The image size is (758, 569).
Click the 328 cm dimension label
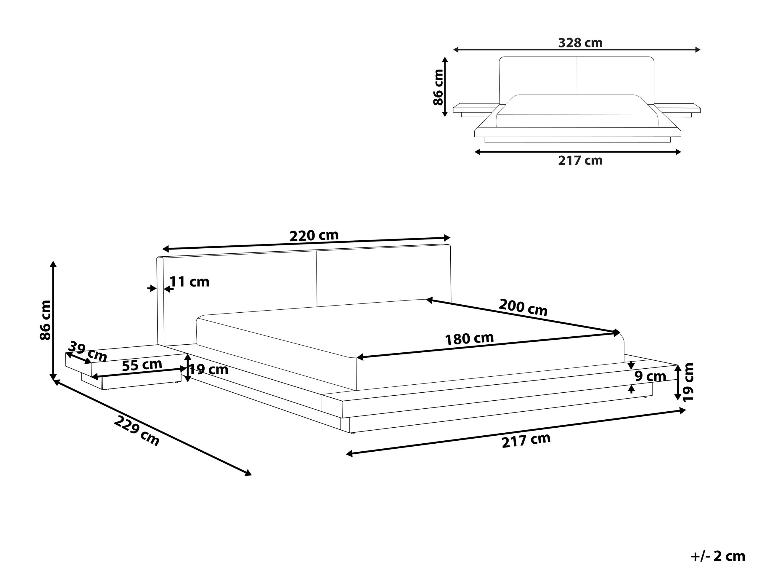click(x=580, y=43)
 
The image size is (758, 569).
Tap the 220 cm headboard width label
click(x=314, y=236)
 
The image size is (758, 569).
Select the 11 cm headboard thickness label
click(x=189, y=282)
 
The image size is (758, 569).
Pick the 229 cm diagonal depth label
click(x=136, y=431)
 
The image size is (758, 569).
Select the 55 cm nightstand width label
click(x=142, y=365)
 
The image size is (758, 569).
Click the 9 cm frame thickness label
click(x=650, y=376)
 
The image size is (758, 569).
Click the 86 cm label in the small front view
click(x=438, y=87)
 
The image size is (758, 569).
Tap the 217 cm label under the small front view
click(x=580, y=161)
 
